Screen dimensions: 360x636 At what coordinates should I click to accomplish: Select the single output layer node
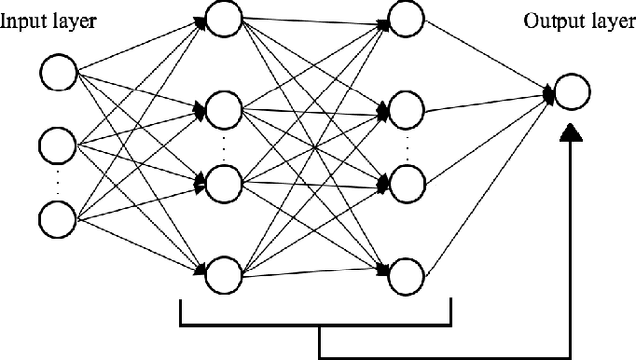(x=571, y=93)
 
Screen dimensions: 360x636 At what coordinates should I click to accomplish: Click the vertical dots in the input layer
(x=57, y=180)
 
